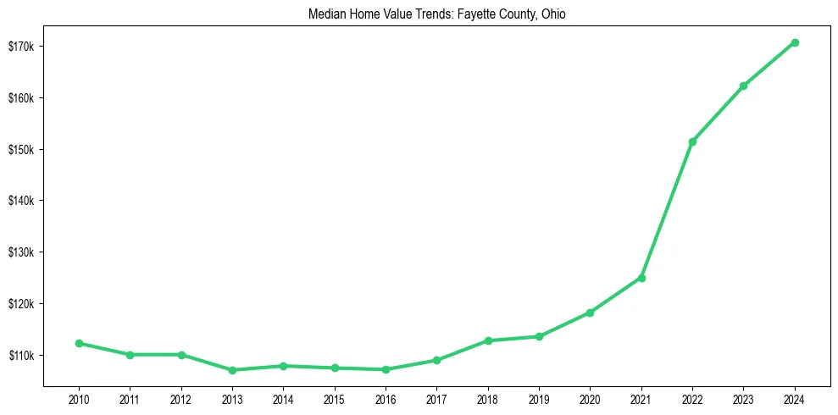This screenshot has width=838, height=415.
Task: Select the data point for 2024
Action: (x=795, y=42)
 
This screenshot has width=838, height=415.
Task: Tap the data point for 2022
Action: (x=692, y=141)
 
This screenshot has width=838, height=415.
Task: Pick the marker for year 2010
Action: (x=79, y=343)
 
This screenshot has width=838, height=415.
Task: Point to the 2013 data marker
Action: (x=232, y=370)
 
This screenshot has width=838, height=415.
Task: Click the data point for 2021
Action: (x=641, y=278)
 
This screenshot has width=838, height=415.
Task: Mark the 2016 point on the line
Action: (x=386, y=369)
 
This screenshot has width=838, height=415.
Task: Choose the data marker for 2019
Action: (x=539, y=336)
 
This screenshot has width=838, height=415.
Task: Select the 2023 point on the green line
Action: (x=743, y=86)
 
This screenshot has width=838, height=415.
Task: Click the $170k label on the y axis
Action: (x=21, y=46)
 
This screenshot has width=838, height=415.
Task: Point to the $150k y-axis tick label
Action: (x=21, y=149)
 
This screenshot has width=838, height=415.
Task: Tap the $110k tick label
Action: (x=21, y=355)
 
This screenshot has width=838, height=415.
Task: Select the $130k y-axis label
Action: (x=21, y=252)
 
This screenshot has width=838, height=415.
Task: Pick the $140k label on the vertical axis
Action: (x=21, y=201)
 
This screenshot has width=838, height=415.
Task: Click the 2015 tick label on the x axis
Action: (x=335, y=398)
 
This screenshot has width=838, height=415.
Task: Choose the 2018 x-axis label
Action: (x=488, y=398)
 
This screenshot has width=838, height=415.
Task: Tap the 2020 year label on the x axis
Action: (x=590, y=398)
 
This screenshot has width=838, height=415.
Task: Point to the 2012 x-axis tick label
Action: (x=181, y=398)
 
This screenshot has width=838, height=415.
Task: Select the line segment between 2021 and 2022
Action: (x=667, y=210)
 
